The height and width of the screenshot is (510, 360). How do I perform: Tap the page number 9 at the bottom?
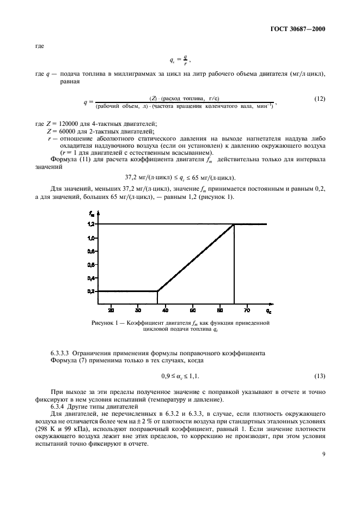(x=323, y=481)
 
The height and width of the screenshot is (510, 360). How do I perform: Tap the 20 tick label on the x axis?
(x=111, y=311)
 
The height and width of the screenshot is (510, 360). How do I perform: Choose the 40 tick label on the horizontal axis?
(x=166, y=311)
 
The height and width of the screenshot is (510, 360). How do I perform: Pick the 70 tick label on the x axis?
(x=247, y=311)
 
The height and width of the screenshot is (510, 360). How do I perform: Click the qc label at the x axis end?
(x=269, y=311)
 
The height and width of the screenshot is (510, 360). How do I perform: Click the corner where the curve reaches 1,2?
(x=234, y=224)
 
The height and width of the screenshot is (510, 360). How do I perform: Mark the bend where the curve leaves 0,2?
(x=157, y=291)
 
